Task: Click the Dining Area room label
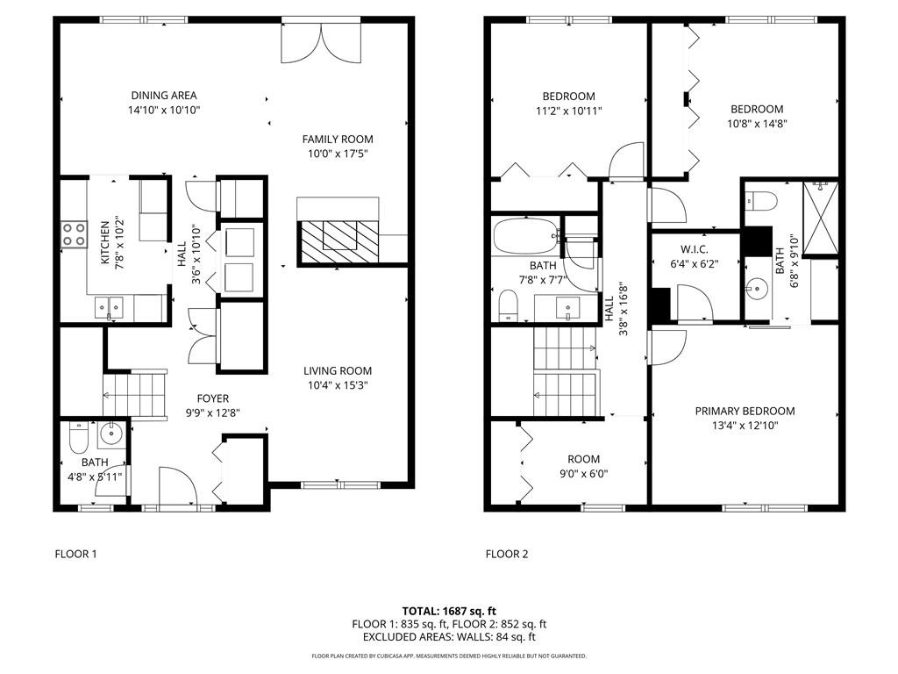[x=164, y=96]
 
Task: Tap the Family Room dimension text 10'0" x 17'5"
[x=338, y=154]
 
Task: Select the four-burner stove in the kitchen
[x=74, y=233]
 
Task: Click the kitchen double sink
[x=110, y=306]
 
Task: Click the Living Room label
[x=338, y=370]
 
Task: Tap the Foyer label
[x=213, y=398]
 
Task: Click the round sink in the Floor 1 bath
[x=111, y=433]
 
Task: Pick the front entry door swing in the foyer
[x=176, y=485]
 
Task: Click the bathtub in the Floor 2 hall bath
[x=525, y=236]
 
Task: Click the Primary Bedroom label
[x=745, y=411]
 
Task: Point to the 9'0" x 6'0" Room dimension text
[x=583, y=474]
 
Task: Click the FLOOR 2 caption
[x=507, y=554]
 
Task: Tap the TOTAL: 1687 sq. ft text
[x=449, y=611]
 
